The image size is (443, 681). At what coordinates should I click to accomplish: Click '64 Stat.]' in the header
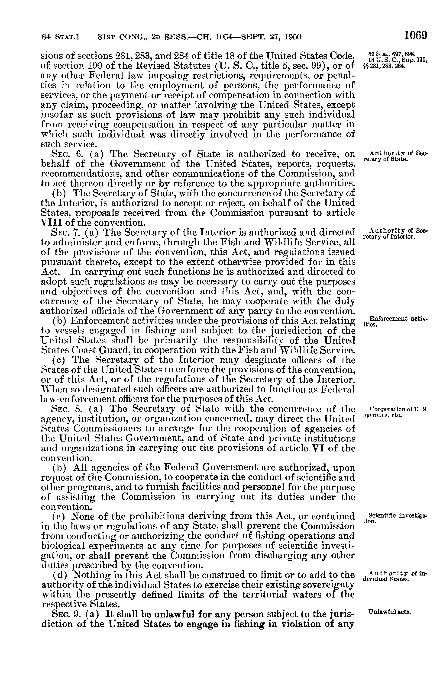pyautogui.click(x=60, y=37)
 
